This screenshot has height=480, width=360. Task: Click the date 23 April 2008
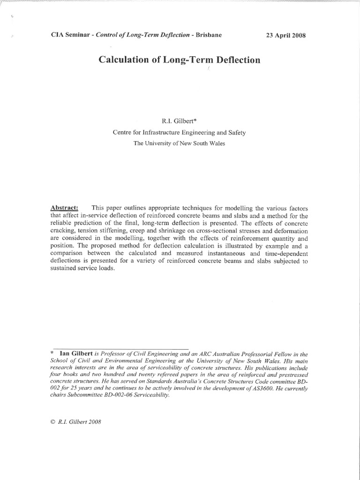click(286, 36)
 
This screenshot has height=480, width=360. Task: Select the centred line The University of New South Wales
click(179, 143)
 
